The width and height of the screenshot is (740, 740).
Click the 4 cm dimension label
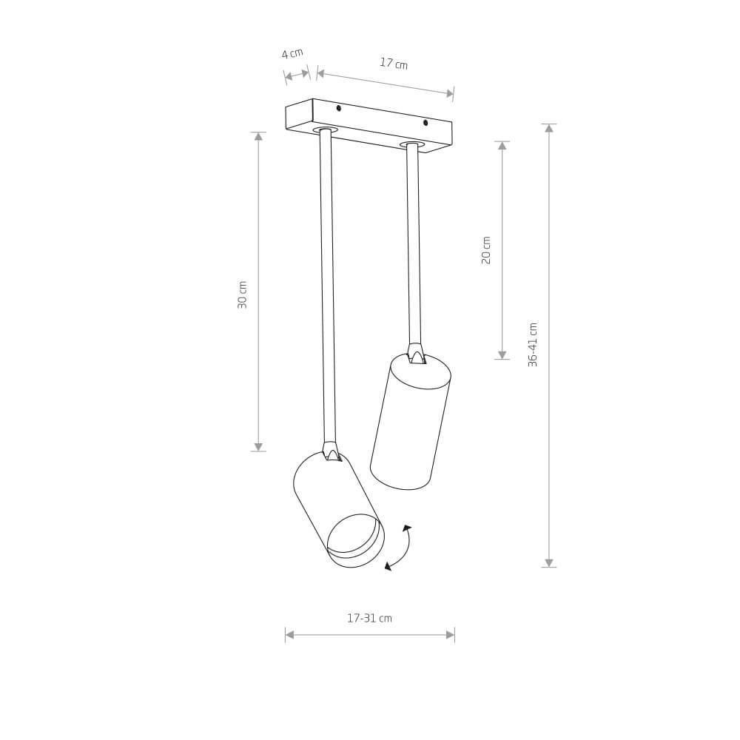pos(292,53)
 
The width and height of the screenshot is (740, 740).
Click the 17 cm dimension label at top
pos(394,64)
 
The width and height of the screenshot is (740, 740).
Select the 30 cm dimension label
pos(243,295)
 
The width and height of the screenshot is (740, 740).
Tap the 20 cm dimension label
pos(486,250)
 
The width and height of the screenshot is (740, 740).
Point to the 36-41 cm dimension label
pos(533,344)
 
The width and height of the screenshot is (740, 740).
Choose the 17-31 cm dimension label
pos(369,618)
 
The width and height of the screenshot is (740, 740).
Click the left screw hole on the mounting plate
pos(339,108)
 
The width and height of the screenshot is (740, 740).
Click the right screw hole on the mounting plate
pos(425,123)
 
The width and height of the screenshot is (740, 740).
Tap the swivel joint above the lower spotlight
pos(331,451)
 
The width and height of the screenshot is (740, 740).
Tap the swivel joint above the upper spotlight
pos(416,353)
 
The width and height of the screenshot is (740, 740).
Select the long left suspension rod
pos(328,289)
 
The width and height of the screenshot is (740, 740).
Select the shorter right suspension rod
pos(414,244)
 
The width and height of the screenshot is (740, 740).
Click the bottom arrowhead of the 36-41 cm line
pos(549,563)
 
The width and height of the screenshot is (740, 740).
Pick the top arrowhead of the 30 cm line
pos(258,137)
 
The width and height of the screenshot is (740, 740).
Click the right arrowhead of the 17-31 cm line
pos(450,635)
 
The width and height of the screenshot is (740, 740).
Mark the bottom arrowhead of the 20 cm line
pos(502,355)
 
